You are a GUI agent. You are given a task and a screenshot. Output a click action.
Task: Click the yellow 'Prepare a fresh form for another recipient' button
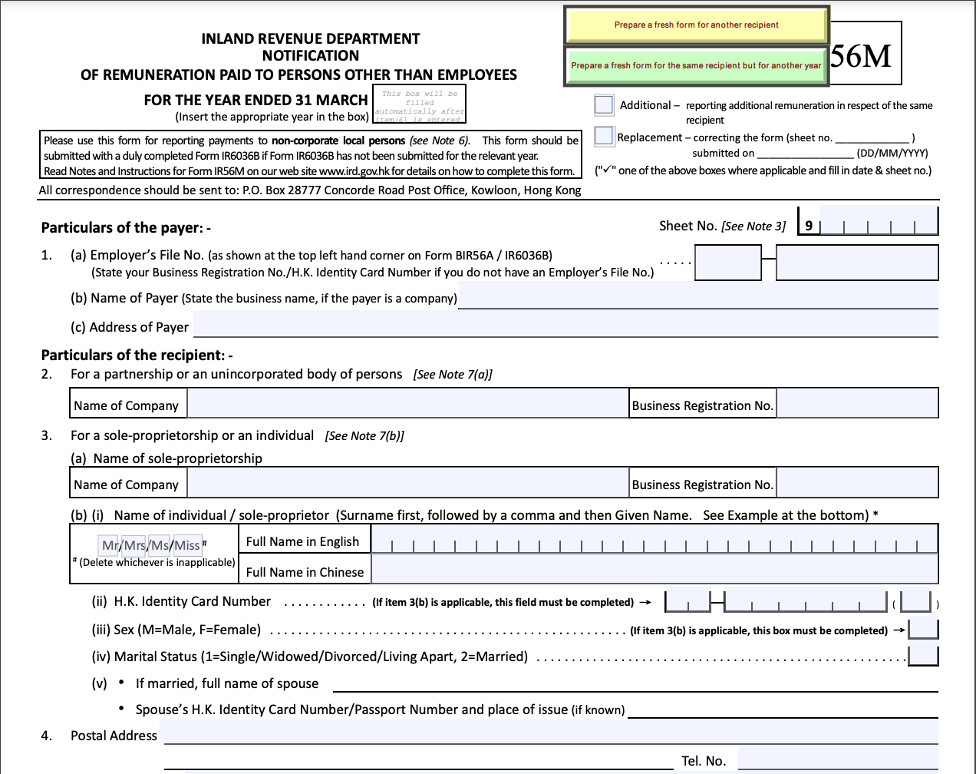click(697, 25)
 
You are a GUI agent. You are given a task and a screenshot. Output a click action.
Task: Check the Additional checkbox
click(604, 104)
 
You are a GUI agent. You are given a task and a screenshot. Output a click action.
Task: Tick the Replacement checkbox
click(604, 136)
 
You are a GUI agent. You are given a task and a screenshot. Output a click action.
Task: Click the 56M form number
click(861, 56)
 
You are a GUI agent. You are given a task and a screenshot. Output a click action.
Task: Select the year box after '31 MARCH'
click(419, 104)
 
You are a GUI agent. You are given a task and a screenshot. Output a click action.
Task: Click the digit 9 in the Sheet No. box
click(809, 226)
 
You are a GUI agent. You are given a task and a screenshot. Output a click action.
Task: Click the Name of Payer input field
click(697, 296)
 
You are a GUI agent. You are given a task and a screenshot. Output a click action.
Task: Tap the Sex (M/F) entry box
click(923, 629)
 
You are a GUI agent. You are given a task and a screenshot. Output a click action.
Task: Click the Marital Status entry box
click(923, 656)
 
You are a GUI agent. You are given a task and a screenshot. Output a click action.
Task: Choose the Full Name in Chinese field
click(655, 570)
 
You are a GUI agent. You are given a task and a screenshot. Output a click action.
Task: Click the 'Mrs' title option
click(135, 545)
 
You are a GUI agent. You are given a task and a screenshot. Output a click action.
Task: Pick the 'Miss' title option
click(187, 545)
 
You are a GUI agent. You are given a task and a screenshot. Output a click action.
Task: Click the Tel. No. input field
click(837, 759)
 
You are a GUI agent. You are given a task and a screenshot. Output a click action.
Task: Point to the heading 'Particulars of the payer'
click(126, 227)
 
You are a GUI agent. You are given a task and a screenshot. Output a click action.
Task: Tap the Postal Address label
click(114, 736)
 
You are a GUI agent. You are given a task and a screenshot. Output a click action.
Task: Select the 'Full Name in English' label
click(302, 541)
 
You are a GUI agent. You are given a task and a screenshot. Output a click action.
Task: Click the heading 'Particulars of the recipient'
click(137, 355)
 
